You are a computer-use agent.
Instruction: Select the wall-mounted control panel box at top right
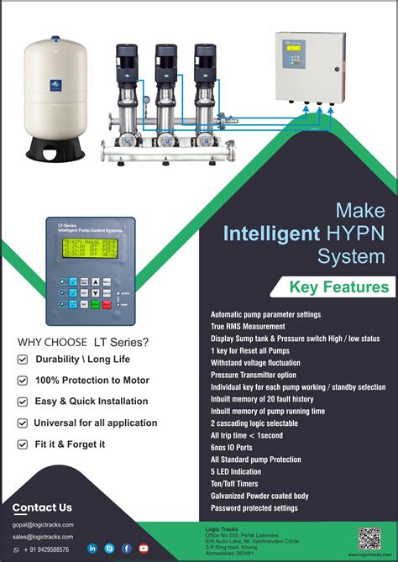pyautogui.click(x=313, y=68)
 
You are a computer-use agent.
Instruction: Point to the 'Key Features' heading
pyautogui.click(x=339, y=287)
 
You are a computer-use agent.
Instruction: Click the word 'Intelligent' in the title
pyautogui.click(x=270, y=233)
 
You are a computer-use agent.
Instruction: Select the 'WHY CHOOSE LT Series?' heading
pyautogui.click(x=83, y=342)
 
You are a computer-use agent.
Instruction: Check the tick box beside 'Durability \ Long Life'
pyautogui.click(x=23, y=360)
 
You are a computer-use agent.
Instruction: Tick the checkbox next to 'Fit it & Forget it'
pyautogui.click(x=23, y=444)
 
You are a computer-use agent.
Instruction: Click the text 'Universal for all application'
pyautogui.click(x=96, y=423)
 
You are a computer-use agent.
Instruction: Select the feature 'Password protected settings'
pyautogui.click(x=254, y=508)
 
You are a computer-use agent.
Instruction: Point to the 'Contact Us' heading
pyautogui.click(x=42, y=507)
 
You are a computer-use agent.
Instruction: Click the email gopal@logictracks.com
pyautogui.click(x=43, y=524)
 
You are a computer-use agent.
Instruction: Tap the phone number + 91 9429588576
pyautogui.click(x=46, y=549)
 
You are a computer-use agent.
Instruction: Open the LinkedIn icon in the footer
pyautogui.click(x=92, y=549)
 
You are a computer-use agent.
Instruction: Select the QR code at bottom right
pyautogui.click(x=369, y=538)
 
